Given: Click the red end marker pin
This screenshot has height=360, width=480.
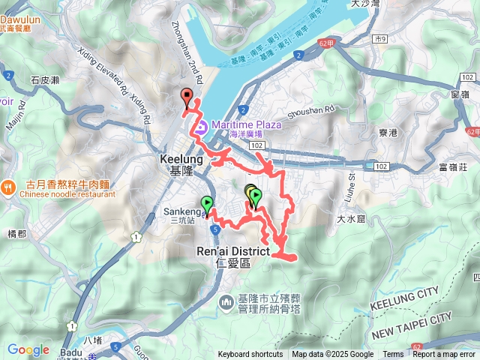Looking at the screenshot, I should pos(187,95).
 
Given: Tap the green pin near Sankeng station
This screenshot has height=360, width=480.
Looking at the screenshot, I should pos(207,202).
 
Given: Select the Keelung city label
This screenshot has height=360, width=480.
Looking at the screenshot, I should pos(178,165).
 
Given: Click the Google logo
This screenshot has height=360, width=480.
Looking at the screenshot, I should pos(28,349).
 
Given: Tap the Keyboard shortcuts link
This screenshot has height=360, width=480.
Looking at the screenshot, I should pos(250,355).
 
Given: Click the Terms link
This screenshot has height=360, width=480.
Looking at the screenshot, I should pos(393,355).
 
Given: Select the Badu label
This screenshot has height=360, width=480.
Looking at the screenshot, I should pos(69,350).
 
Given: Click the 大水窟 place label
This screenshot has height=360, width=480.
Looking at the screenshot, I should pos(350,220).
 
